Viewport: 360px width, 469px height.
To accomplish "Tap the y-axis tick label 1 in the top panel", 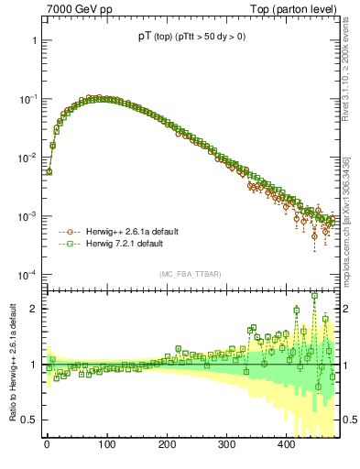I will click(33, 40).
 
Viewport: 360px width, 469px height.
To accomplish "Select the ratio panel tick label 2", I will click(33, 310).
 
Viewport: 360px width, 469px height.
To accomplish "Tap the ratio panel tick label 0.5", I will click(29, 420).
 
